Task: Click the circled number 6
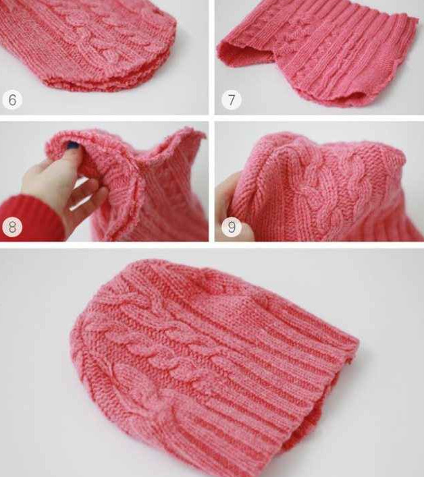click(12, 99)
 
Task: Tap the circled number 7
click(232, 99)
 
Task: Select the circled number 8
click(12, 227)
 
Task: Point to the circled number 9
click(232, 227)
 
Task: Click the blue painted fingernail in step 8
click(72, 146)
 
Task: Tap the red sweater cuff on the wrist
click(30, 217)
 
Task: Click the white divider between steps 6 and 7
click(212, 57)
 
